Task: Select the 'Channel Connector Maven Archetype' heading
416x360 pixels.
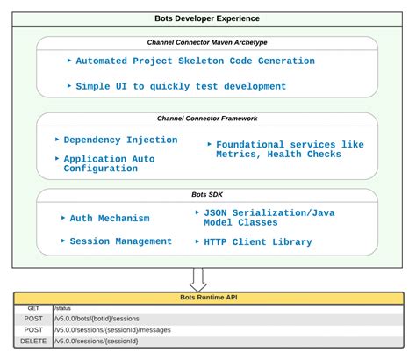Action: point(207,42)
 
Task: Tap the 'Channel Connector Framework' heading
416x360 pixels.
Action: point(207,118)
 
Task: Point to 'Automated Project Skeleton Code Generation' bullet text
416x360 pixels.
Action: point(195,61)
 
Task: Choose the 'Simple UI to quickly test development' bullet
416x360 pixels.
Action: point(181,86)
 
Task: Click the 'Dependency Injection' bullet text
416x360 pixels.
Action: point(119,139)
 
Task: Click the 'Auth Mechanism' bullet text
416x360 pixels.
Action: point(110,218)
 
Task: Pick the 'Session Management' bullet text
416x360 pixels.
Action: point(121,241)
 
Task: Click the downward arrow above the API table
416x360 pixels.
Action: point(198,278)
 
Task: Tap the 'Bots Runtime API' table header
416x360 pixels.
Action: point(207,298)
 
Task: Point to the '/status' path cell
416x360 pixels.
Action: point(63,308)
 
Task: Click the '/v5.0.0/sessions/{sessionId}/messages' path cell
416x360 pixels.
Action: point(110,329)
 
